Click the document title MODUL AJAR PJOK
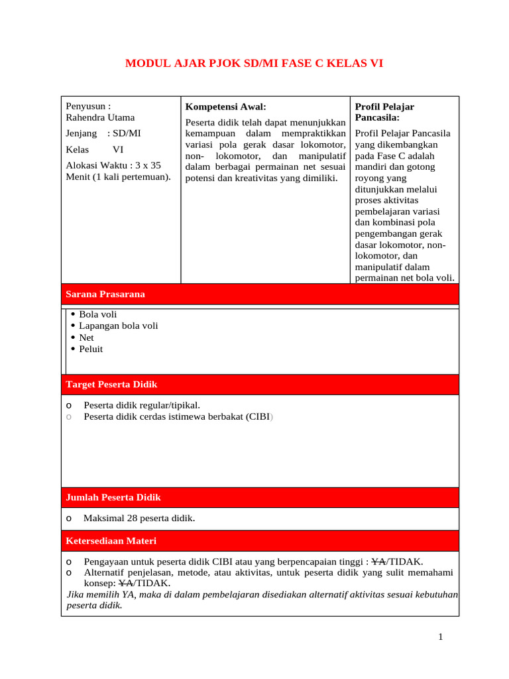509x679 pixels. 254,64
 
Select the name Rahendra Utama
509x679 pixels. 100,117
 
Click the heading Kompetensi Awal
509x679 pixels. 225,106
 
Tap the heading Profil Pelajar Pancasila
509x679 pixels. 384,111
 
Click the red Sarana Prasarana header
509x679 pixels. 105,294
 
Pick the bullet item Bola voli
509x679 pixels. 97,314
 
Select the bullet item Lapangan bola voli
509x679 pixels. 118,326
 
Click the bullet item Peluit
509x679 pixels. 91,349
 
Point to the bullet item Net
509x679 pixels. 86,338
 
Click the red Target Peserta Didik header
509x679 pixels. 111,384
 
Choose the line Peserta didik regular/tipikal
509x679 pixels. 142,405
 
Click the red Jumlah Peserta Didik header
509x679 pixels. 113,497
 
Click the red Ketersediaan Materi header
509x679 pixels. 111,540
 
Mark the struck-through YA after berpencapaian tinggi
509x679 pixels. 379,562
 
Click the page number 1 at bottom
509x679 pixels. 440,637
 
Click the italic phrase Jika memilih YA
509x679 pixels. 101,594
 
